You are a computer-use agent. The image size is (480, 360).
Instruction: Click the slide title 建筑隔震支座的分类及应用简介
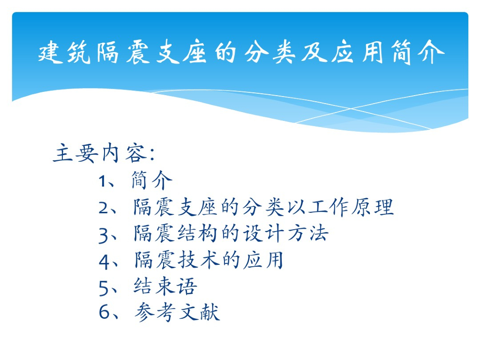[x=241, y=52]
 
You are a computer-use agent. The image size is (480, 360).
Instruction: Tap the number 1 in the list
[x=102, y=181]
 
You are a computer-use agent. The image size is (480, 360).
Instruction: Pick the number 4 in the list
[x=104, y=262]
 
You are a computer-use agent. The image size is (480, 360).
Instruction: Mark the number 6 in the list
[x=104, y=312]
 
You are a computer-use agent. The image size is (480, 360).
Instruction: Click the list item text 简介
[x=151, y=180]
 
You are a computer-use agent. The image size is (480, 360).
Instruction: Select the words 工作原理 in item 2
[x=351, y=207]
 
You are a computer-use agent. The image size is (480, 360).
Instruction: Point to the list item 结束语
[x=165, y=286]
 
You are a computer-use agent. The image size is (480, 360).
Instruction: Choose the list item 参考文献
[x=177, y=312]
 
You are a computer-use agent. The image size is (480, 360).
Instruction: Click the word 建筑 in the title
[x=64, y=52]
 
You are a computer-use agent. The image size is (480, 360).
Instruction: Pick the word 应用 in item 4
[x=263, y=260]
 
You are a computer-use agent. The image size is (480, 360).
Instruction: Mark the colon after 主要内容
[x=152, y=154]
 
